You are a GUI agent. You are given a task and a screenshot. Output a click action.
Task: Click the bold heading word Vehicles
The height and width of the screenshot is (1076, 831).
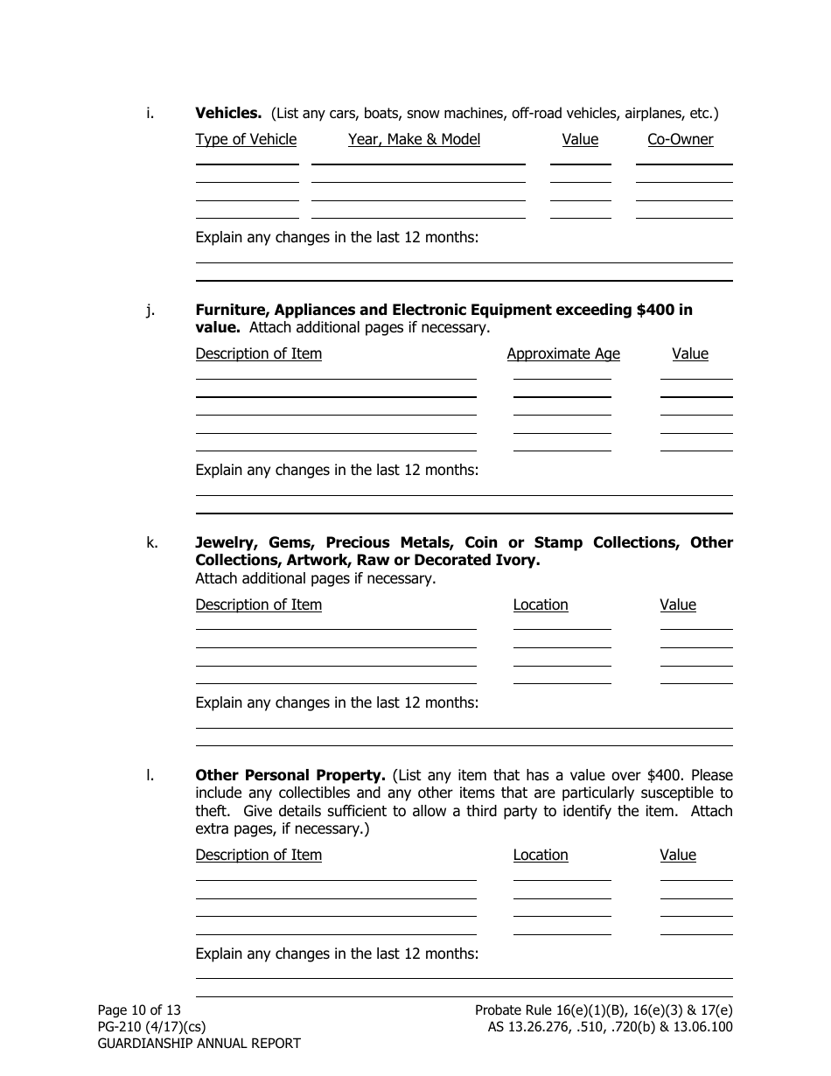[x=227, y=113]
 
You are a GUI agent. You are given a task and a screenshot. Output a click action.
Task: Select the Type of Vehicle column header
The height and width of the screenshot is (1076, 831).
[x=246, y=139]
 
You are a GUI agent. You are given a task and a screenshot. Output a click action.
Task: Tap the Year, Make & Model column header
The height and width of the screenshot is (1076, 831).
[x=414, y=139]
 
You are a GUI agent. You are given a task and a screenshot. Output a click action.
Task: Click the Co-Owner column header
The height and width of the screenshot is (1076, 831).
[x=680, y=139]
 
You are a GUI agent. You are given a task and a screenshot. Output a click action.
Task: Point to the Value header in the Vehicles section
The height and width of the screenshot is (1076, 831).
[x=580, y=139]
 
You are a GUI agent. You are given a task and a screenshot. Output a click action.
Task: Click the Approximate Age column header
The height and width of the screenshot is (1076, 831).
[x=563, y=353]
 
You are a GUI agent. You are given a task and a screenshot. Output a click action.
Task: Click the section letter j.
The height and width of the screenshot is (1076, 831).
[x=150, y=310]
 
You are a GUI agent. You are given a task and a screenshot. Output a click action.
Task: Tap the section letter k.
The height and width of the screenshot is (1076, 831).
[x=151, y=542]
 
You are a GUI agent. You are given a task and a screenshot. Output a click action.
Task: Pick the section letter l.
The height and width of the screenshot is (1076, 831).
[x=150, y=775]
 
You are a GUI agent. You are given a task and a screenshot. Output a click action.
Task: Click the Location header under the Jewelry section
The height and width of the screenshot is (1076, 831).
[x=540, y=604]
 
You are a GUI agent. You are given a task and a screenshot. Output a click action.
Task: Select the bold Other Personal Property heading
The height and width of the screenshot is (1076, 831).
[x=290, y=775]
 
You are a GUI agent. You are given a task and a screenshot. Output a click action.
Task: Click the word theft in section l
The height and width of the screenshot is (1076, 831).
[x=212, y=811]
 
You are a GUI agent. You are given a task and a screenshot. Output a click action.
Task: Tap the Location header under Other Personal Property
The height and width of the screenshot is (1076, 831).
[x=540, y=855]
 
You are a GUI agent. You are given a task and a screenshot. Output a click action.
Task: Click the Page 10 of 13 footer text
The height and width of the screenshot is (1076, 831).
[x=139, y=1010]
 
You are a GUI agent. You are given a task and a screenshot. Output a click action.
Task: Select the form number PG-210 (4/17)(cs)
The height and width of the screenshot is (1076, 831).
[x=151, y=1027]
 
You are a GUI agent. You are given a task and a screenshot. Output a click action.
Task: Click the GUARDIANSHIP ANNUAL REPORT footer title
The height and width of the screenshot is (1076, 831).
[x=199, y=1044]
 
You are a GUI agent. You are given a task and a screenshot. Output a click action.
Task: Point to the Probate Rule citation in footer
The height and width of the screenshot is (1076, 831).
[x=604, y=1010]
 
